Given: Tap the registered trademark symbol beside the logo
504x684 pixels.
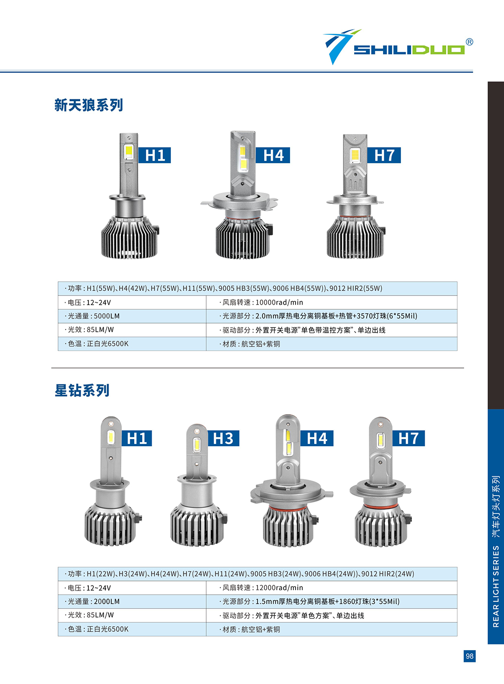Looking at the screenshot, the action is (470, 42).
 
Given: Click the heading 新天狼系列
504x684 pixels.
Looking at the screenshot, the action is (88, 105).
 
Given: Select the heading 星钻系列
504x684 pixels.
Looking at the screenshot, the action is (82, 390).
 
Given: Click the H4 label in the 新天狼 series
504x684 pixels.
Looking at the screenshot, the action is (273, 155).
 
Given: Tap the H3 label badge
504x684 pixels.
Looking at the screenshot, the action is (223, 438).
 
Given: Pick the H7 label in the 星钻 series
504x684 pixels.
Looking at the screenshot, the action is (408, 438).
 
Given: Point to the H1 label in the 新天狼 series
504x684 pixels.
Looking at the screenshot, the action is (154, 155).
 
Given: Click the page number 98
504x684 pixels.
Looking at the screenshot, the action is (470, 656).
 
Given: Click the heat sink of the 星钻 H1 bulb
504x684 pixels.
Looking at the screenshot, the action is (110, 525).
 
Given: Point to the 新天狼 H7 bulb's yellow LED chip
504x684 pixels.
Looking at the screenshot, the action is (355, 155).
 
